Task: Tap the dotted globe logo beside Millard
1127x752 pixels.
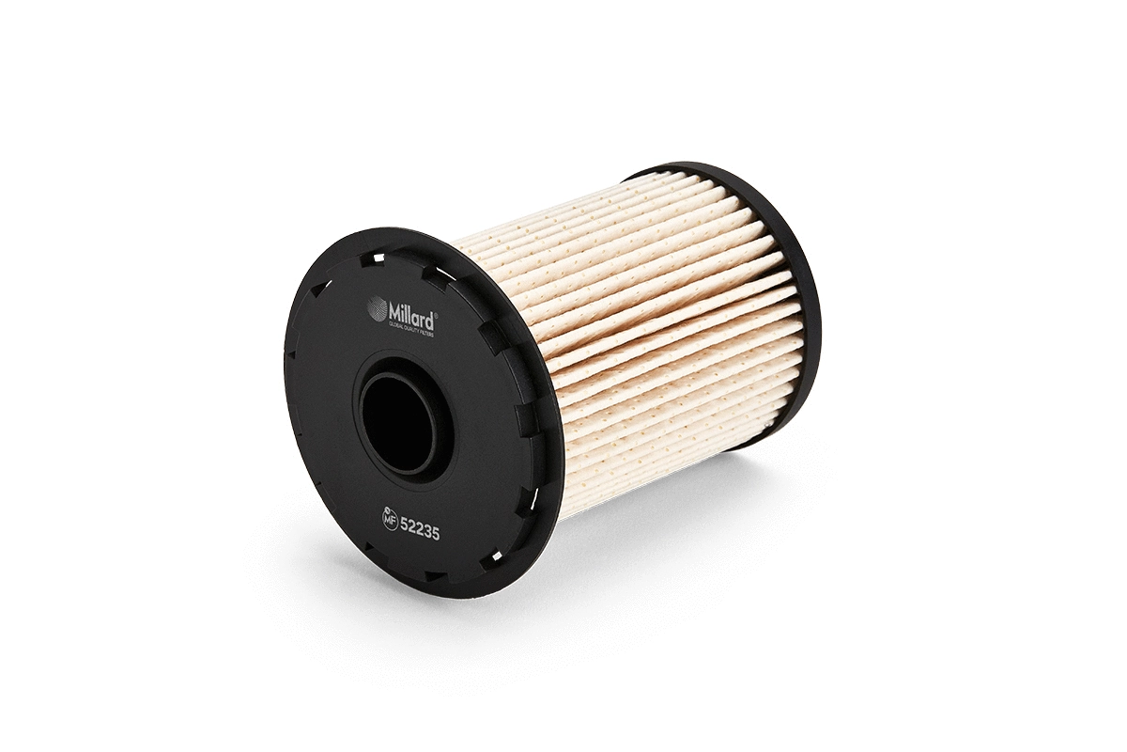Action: pos(377,307)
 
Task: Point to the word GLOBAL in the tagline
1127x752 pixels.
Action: pos(395,324)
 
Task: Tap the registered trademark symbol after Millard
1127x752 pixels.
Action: pos(436,316)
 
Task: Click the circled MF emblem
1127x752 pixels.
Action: pos(389,520)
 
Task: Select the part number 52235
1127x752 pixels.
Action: pos(420,528)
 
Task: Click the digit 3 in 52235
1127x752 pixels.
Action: pos(427,530)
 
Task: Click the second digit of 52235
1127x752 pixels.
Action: pos(412,527)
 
